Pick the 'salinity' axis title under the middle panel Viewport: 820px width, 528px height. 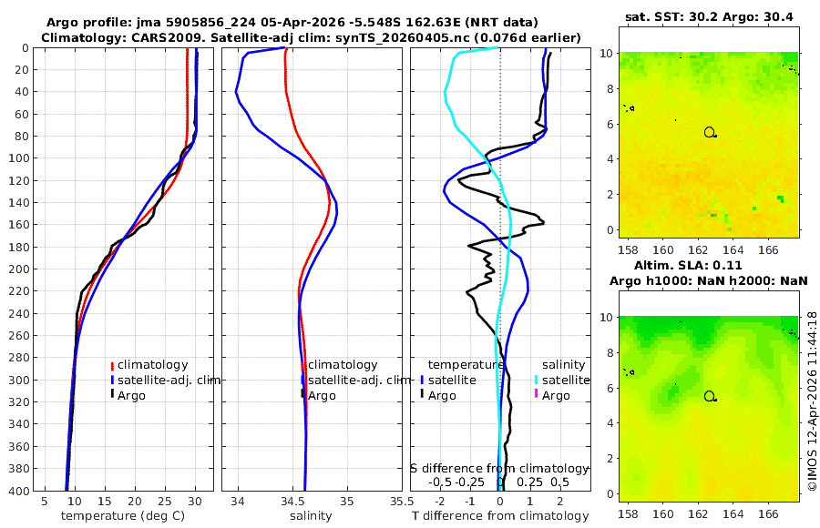pyautogui.click(x=311, y=516)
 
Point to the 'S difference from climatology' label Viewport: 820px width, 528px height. pyautogui.click(x=499, y=467)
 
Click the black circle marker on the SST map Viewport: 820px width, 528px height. pyautogui.click(x=710, y=132)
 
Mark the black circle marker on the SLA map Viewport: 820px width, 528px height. pyautogui.click(x=710, y=396)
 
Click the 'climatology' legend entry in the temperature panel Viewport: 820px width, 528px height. pyautogui.click(x=152, y=365)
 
